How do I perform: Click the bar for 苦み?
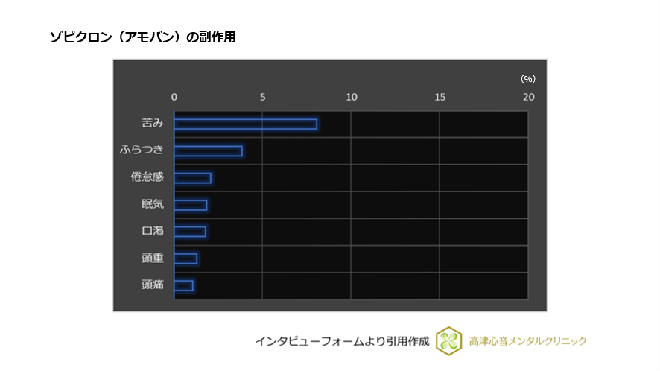pos(246,124)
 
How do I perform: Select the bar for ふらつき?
pos(208,151)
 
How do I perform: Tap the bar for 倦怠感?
pos(193,178)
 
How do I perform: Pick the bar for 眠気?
pos(191,205)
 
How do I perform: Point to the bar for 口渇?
pos(190,232)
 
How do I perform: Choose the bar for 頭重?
pos(185,259)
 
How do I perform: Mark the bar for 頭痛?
pos(183,285)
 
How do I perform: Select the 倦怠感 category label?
pos(147,178)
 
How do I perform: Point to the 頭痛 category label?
pos(152,285)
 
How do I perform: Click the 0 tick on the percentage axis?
pos(174,97)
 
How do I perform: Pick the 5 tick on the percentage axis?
pos(262,97)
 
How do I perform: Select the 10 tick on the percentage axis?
pos(351,97)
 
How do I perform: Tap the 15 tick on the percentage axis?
pos(440,97)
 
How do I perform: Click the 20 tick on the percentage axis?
pos(528,97)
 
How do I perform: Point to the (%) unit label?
pos(527,79)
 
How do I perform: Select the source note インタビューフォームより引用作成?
pos(342,341)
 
